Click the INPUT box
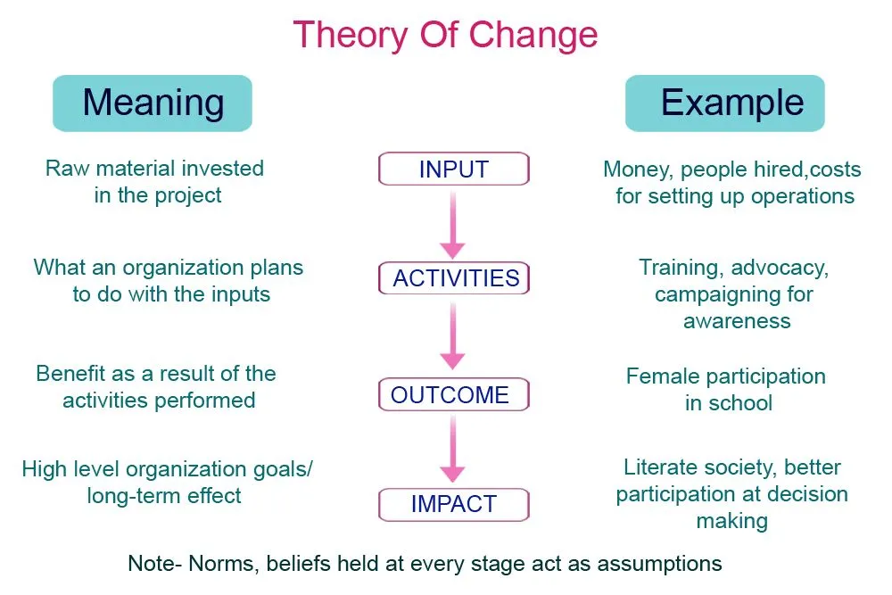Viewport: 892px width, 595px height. [453, 169]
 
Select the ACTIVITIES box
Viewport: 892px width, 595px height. [453, 278]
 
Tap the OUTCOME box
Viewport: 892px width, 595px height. [453, 395]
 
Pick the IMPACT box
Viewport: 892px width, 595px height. [453, 504]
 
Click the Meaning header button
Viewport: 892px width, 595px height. [153, 103]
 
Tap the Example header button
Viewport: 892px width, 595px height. [724, 103]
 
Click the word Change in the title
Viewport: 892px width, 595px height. [533, 35]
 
